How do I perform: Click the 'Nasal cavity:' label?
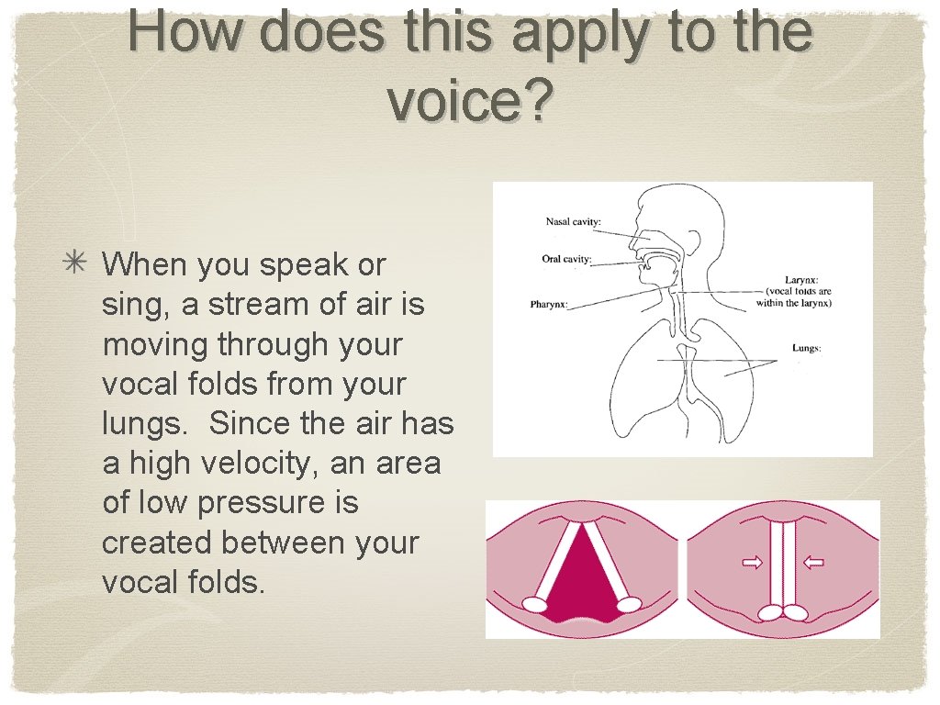575,221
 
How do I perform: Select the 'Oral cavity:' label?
566,259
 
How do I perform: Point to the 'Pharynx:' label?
549,304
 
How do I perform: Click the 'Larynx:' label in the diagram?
800,280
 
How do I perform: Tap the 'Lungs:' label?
806,348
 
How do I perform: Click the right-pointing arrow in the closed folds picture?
752,563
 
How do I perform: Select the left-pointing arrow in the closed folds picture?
813,563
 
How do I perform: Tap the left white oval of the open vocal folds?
534,604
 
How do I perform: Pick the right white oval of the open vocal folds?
628,604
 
